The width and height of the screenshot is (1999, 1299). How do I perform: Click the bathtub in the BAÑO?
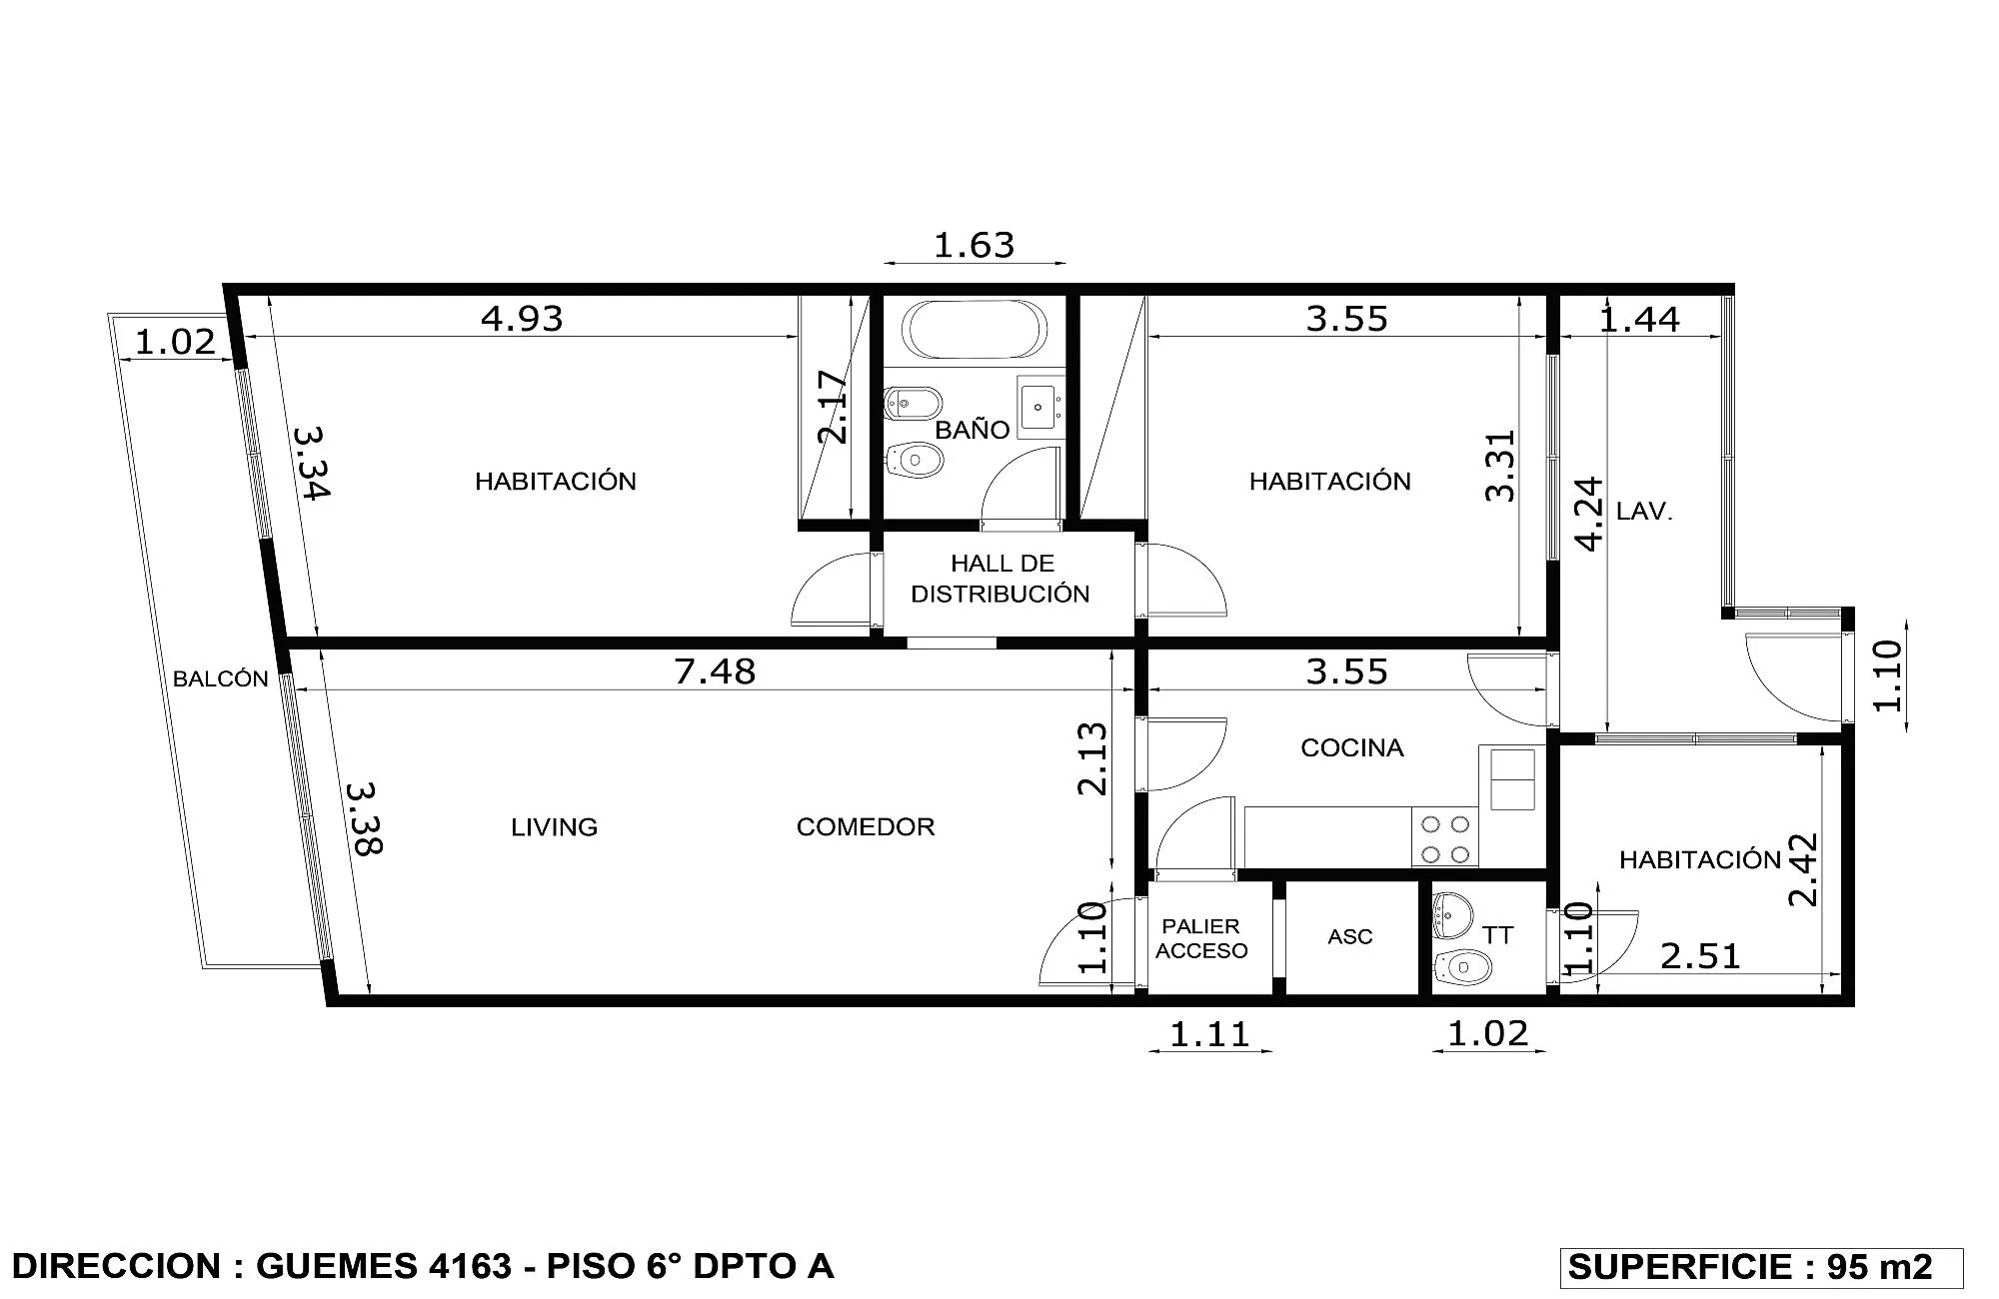point(975,329)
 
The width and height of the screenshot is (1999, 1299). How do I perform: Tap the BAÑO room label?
point(972,429)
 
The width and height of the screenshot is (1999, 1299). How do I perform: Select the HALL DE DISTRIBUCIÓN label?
point(1000,579)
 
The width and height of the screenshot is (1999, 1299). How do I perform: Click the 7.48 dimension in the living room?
point(715,670)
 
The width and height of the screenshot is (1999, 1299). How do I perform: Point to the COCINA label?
point(1351,747)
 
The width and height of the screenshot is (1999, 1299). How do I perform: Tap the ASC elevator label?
point(1349,936)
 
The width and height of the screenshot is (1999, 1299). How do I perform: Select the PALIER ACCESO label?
point(1201,938)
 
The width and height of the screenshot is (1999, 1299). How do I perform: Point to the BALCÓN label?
point(221,678)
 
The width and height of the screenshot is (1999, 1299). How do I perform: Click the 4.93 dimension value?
point(522,318)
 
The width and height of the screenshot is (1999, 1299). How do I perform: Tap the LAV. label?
point(1644,512)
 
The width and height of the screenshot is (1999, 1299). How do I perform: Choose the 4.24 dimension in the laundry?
point(1588,514)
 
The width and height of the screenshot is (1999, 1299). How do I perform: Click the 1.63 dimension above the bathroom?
point(974,245)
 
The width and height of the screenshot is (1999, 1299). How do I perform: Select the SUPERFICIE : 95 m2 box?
point(1761,1267)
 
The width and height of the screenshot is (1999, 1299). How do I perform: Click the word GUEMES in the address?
point(337,1266)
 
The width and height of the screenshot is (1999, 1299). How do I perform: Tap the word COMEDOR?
point(866,826)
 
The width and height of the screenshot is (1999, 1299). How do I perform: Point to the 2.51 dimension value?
point(1700,956)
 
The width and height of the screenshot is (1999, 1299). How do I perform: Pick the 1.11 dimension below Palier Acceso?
point(1209,1034)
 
